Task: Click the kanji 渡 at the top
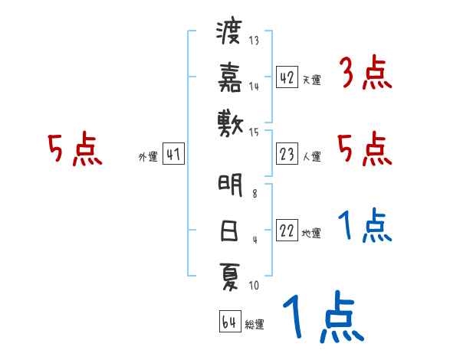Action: coord(229,34)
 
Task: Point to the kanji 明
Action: coord(229,186)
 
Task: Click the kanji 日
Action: coord(229,230)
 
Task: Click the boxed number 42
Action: coord(287,77)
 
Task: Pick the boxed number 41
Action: coord(172,155)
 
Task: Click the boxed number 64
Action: coord(228,322)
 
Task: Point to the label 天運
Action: coord(311,80)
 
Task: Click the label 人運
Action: coord(311,157)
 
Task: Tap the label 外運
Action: coord(147,157)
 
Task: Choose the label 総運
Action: coord(255,324)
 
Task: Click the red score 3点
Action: coord(365,74)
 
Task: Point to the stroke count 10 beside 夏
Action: coord(254,286)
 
